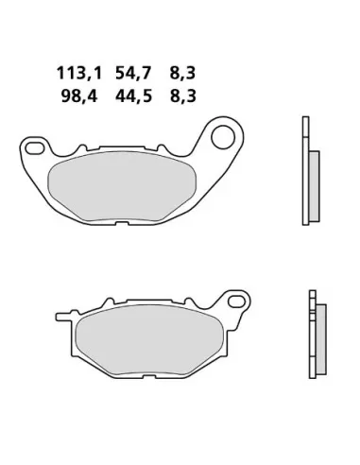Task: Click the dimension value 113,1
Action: pyautogui.click(x=79, y=74)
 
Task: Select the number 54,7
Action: pyautogui.click(x=133, y=74)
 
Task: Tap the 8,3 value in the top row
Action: pyautogui.click(x=182, y=74)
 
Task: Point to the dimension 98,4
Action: pyautogui.click(x=79, y=96)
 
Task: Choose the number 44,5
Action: pyautogui.click(x=133, y=96)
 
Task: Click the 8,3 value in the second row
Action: pyautogui.click(x=183, y=96)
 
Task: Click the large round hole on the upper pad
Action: pyautogui.click(x=223, y=137)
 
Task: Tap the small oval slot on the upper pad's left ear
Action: pyautogui.click(x=35, y=148)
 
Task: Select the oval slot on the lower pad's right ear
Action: pyautogui.click(x=237, y=301)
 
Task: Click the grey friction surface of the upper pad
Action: pyautogui.click(x=122, y=186)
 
